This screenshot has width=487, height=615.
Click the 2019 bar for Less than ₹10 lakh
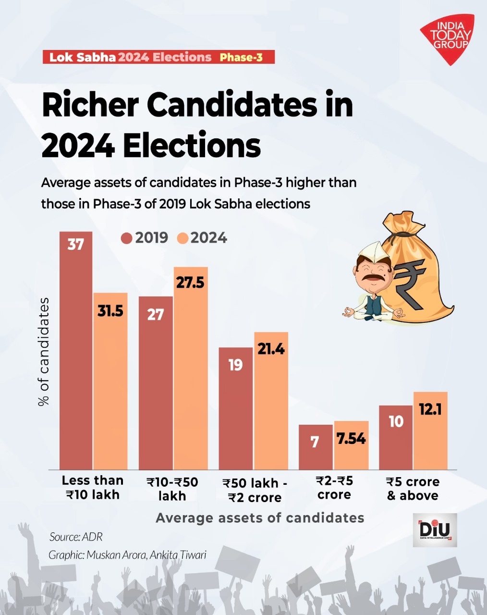pyautogui.click(x=76, y=351)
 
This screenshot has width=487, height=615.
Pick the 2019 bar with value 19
pyautogui.click(x=235, y=408)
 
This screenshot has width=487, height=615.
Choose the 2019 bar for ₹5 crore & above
pyautogui.click(x=396, y=437)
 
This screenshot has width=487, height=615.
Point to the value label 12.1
pyautogui.click(x=430, y=410)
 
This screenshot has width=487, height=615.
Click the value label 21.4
pyautogui.click(x=271, y=349)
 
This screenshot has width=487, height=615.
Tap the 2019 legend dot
pyautogui.click(x=127, y=238)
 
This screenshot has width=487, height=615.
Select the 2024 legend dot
pyautogui.click(x=183, y=238)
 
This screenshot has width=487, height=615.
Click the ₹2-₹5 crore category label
pyautogui.click(x=334, y=488)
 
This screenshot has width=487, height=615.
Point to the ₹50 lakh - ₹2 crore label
pyautogui.click(x=255, y=490)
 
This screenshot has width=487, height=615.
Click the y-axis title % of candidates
pyautogui.click(x=44, y=352)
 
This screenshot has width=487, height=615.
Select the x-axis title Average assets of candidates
pyautogui.click(x=260, y=517)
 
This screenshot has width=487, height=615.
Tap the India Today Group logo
pyautogui.click(x=449, y=39)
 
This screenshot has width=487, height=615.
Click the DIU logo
pyautogui.click(x=435, y=530)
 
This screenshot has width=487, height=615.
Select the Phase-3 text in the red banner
pyautogui.click(x=241, y=58)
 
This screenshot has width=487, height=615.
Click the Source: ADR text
pyautogui.click(x=76, y=537)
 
